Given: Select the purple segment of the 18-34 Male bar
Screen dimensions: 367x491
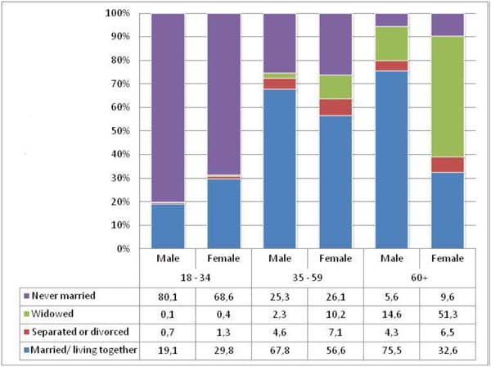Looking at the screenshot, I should pyautogui.click(x=168, y=106).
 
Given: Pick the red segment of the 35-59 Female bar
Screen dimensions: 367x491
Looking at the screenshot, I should pyautogui.click(x=336, y=107).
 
